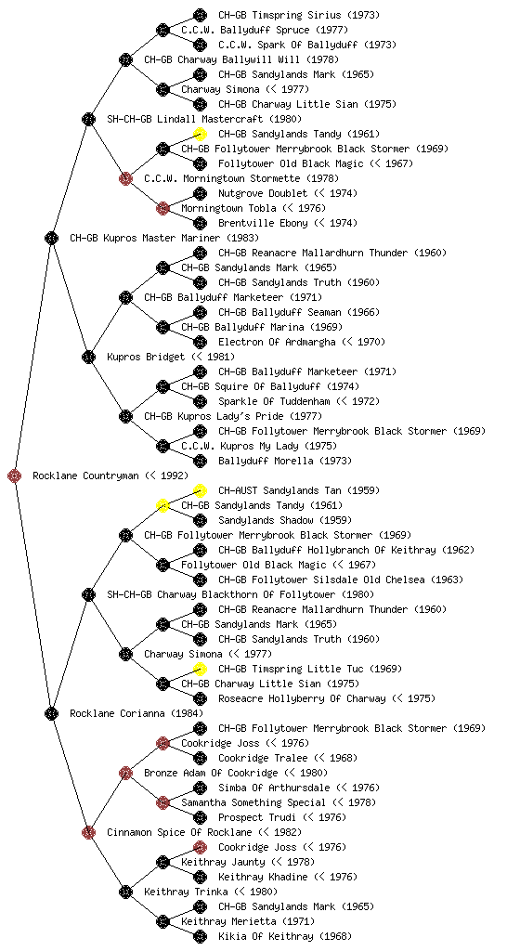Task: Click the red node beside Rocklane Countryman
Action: [15, 475]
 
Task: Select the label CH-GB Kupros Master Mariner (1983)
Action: [164, 238]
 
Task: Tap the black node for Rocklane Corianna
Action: [51, 713]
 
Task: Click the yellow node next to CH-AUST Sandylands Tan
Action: [200, 490]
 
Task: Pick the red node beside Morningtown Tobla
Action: [162, 208]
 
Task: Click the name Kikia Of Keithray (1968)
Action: [285, 936]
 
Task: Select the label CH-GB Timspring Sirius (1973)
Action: [299, 15]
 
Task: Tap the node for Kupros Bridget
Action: [88, 357]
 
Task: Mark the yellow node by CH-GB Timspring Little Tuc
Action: [200, 669]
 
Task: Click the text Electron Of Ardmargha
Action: [277, 342]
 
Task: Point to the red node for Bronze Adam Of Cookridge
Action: [125, 773]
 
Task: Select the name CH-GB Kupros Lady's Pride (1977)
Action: [233, 416]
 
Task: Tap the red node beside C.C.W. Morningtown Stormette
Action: [125, 178]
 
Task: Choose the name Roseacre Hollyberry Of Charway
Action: [302, 698]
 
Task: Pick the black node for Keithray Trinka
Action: [125, 892]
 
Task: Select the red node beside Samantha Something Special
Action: [162, 802]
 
